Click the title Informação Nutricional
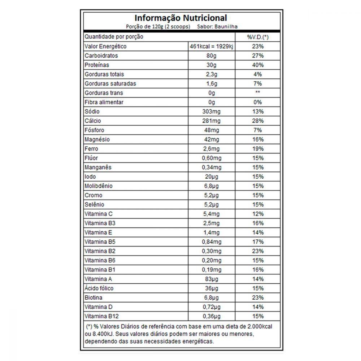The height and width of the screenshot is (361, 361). click(180, 18)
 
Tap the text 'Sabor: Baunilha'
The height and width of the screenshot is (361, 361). click(218, 26)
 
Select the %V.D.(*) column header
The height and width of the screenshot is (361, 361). click(258, 37)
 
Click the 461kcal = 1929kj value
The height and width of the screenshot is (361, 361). click(212, 47)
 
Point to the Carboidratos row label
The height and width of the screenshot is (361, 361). click(101, 56)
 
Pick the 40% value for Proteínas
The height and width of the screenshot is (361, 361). click(258, 65)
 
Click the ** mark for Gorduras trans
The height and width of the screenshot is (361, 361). click(258, 93)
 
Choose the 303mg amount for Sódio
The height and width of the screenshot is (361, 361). click(212, 112)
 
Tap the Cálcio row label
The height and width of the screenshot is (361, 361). click(93, 121)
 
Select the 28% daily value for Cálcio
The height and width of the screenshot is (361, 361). click(258, 121)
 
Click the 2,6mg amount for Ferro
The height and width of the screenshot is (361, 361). click(212, 149)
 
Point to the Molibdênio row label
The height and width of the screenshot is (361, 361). click(99, 186)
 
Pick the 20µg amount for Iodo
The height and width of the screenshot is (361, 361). click(212, 177)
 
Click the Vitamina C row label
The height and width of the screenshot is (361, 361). click(99, 214)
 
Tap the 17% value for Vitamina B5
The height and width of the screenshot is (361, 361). click(258, 242)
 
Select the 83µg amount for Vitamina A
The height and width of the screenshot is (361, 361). click(212, 279)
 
